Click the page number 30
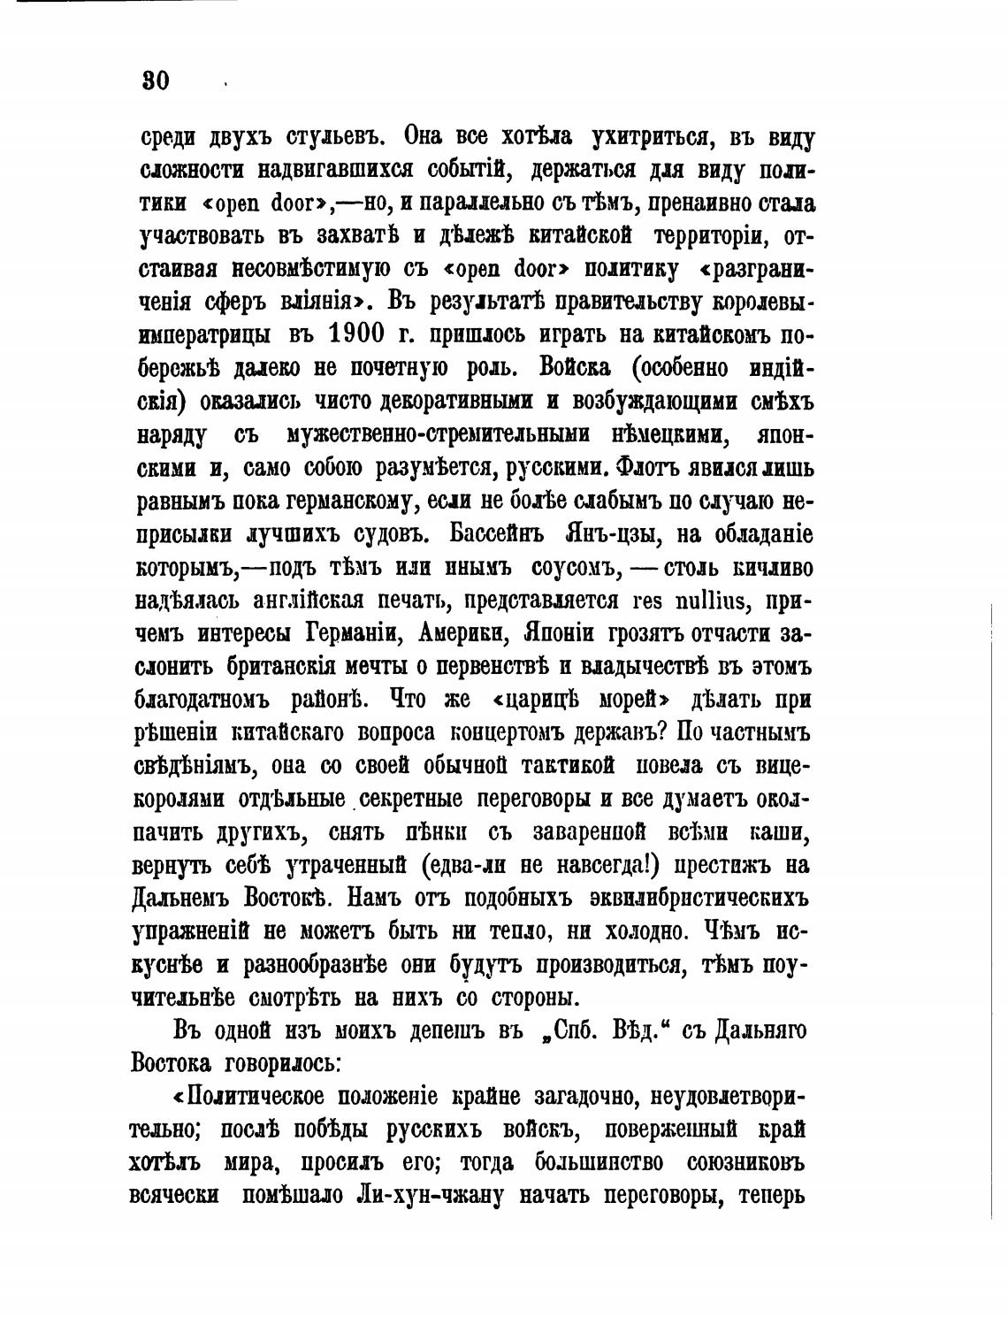tap(155, 81)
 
